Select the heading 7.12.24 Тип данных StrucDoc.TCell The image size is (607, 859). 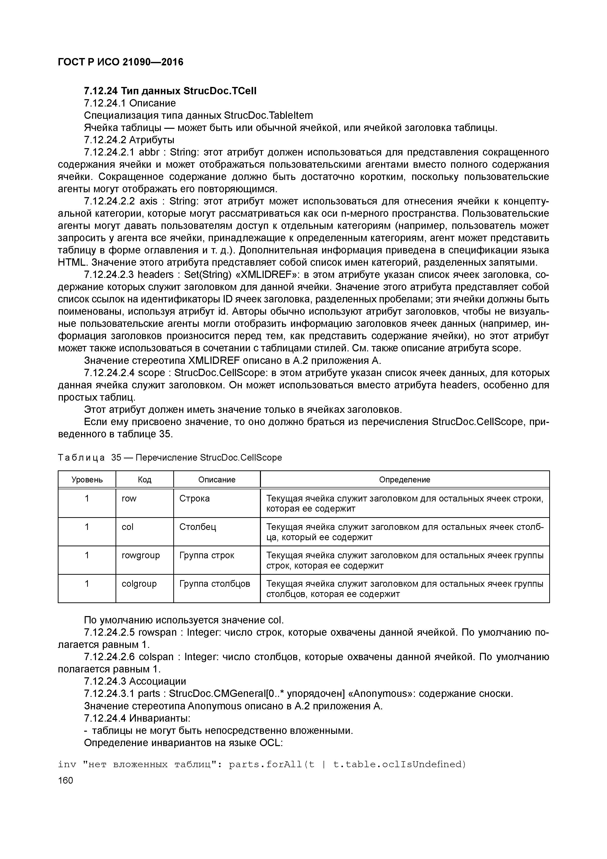[x=170, y=91]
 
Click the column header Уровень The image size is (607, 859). [x=87, y=480]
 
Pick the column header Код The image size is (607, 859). [x=144, y=480]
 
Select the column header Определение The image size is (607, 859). [x=404, y=480]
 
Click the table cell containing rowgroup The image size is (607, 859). [x=141, y=555]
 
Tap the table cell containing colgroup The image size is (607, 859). [x=139, y=584]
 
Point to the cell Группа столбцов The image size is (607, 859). [x=215, y=584]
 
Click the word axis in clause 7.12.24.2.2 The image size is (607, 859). [x=149, y=201]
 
